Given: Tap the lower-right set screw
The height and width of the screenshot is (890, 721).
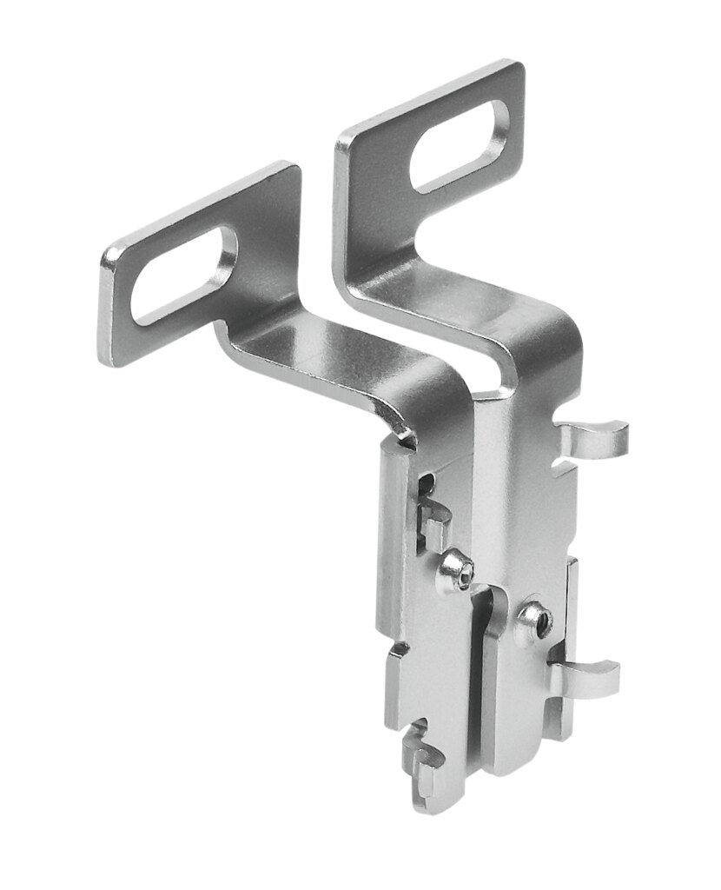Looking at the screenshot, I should pyautogui.click(x=532, y=621).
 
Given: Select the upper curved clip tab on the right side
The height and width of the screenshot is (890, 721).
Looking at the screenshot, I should pyautogui.click(x=594, y=435).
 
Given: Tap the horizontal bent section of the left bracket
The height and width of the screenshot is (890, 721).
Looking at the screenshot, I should pyautogui.click(x=339, y=356).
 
